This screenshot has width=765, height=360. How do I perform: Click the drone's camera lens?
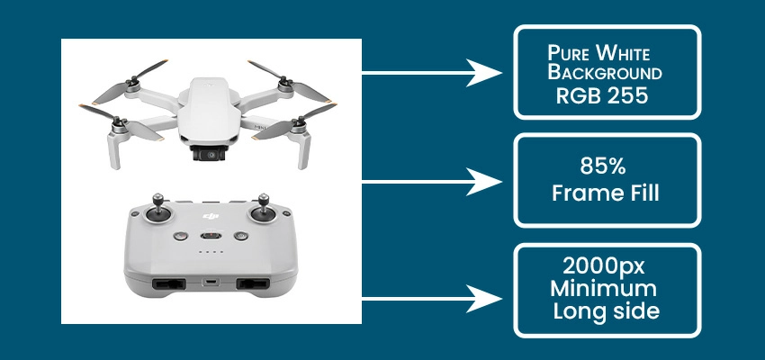point(211,155)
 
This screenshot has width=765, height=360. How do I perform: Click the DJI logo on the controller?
point(212,218)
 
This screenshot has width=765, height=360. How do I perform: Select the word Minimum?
point(607,291)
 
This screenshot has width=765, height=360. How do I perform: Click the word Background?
point(607,72)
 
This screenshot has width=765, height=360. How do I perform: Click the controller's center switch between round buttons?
point(211,237)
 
